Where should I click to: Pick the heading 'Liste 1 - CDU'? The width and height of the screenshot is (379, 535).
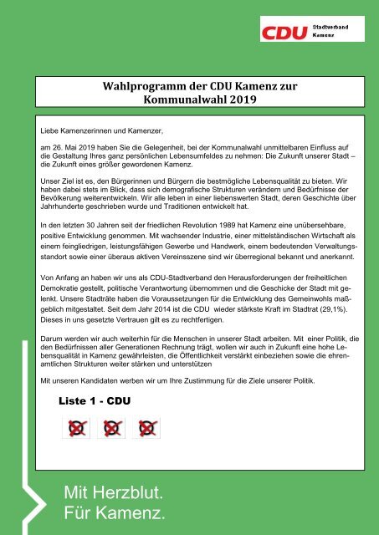97,400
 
